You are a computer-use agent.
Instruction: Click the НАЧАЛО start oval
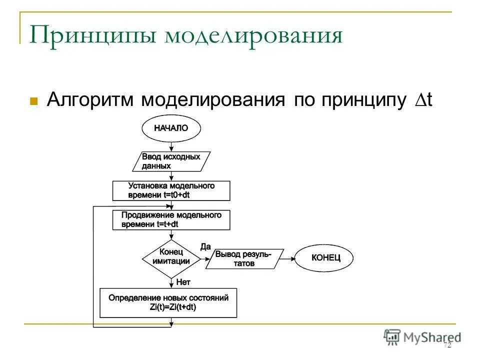(x=171, y=128)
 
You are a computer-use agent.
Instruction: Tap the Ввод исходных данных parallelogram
(x=171, y=161)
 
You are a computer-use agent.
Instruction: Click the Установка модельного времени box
(x=171, y=190)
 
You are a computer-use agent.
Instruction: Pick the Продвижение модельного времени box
(x=171, y=220)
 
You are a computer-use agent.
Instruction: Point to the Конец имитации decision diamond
(x=171, y=258)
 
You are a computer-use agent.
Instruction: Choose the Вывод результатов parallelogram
(x=244, y=259)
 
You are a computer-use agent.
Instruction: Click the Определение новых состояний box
(x=168, y=302)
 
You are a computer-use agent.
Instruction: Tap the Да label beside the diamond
(x=205, y=246)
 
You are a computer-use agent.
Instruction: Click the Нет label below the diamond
(x=183, y=282)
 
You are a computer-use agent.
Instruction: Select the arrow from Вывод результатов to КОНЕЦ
(x=287, y=258)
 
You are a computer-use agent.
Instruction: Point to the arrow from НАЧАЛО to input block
(x=171, y=146)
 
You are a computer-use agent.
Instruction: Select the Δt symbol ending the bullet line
(x=423, y=99)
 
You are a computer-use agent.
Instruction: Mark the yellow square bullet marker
(x=34, y=101)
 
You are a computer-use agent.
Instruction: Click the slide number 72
(x=447, y=345)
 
